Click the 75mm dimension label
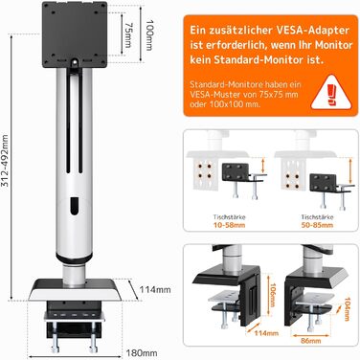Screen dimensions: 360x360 pyautogui.click(x=127, y=34)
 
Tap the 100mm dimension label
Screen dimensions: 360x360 pyautogui.click(x=149, y=34)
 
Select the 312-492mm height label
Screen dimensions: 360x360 pyautogui.click(x=5, y=166)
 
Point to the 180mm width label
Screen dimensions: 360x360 pyautogui.click(x=142, y=353)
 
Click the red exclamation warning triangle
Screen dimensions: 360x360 pyautogui.click(x=331, y=93)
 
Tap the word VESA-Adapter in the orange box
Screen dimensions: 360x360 pyautogui.click(x=311, y=31)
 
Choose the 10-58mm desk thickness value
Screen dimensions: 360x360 pyautogui.click(x=229, y=225)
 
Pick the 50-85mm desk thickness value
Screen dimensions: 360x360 pyautogui.click(x=317, y=225)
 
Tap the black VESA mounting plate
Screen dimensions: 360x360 pyautogui.click(x=75, y=34)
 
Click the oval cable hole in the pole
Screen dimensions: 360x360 pyautogui.click(x=75, y=206)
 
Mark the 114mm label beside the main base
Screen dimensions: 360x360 pyautogui.click(x=155, y=289)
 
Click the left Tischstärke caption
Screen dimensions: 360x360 pyautogui.click(x=230, y=217)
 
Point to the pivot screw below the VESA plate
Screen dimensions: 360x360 pyautogui.click(x=75, y=62)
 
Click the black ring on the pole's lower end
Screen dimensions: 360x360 pyautogui.click(x=74, y=258)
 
